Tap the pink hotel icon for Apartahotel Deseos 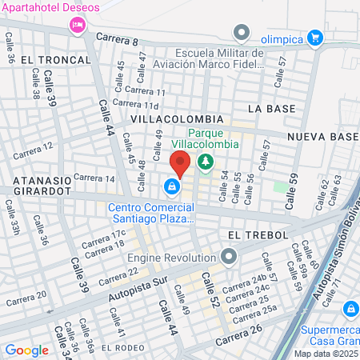pos(78,25)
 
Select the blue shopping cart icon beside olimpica pos(315,36)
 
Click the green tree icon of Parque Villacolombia pos(206,162)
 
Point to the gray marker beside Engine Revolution pos(230,257)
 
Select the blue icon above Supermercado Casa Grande pos(350,308)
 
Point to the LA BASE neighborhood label pos(266,107)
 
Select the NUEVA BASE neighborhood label pos(322,137)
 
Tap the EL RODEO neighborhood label pos(124,347)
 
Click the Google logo pos(26,350)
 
